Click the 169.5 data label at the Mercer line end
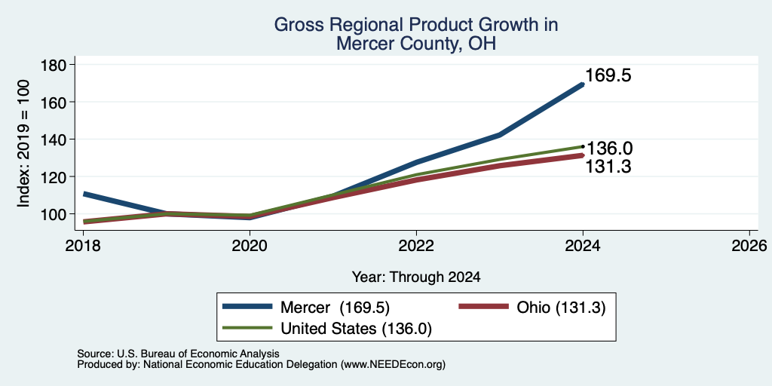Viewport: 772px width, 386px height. pos(608,76)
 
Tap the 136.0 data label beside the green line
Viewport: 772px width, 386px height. pos(609,149)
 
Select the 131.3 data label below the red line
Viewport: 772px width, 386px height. pos(608,167)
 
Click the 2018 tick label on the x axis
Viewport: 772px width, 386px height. pos(82,245)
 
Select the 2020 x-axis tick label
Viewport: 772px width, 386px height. pos(249,245)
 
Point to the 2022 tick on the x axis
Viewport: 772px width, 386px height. pos(416,245)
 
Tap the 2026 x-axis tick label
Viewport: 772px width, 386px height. pos(749,245)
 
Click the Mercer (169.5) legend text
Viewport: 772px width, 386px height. pos(335,308)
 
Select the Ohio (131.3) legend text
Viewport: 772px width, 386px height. pos(561,308)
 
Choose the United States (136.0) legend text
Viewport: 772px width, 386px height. pos(356,329)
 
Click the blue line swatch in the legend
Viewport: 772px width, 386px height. pos(247,306)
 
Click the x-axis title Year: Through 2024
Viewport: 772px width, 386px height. pos(416,277)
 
